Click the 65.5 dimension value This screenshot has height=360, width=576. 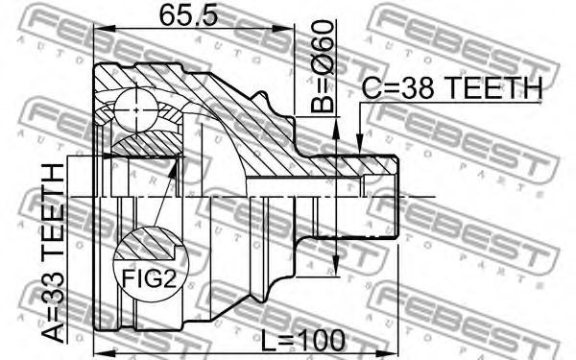[189, 14]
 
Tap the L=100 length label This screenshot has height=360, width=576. [303, 340]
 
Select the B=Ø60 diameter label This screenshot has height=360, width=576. [323, 66]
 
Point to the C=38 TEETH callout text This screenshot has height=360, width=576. [452, 88]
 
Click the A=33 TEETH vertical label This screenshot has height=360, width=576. [53, 253]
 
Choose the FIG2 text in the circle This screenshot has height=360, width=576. [149, 278]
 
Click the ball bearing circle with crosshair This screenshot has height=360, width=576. [136, 109]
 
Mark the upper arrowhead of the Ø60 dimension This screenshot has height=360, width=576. [335, 128]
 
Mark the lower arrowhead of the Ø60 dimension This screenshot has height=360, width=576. [335, 266]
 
